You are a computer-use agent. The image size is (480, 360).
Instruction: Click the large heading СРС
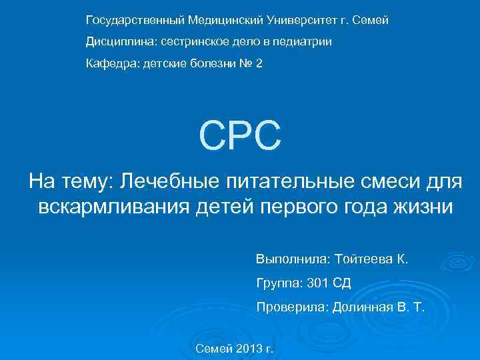click(x=240, y=135)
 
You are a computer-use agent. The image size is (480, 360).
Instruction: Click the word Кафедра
click(x=107, y=65)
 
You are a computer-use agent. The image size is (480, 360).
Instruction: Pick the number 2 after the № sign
click(x=259, y=65)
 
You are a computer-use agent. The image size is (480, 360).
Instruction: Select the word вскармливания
click(x=111, y=207)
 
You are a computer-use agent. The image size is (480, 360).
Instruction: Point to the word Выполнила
click(x=287, y=258)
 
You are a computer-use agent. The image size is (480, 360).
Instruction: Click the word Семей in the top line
click(x=370, y=21)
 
